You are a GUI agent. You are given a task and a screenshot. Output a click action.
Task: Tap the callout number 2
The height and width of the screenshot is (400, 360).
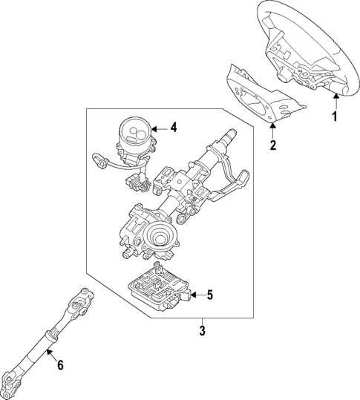pos(272,145)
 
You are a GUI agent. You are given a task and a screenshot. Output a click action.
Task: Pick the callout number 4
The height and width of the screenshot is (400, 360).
pos(173,128)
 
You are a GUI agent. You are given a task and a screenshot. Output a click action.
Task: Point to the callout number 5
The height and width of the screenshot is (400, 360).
pos(209,295)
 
